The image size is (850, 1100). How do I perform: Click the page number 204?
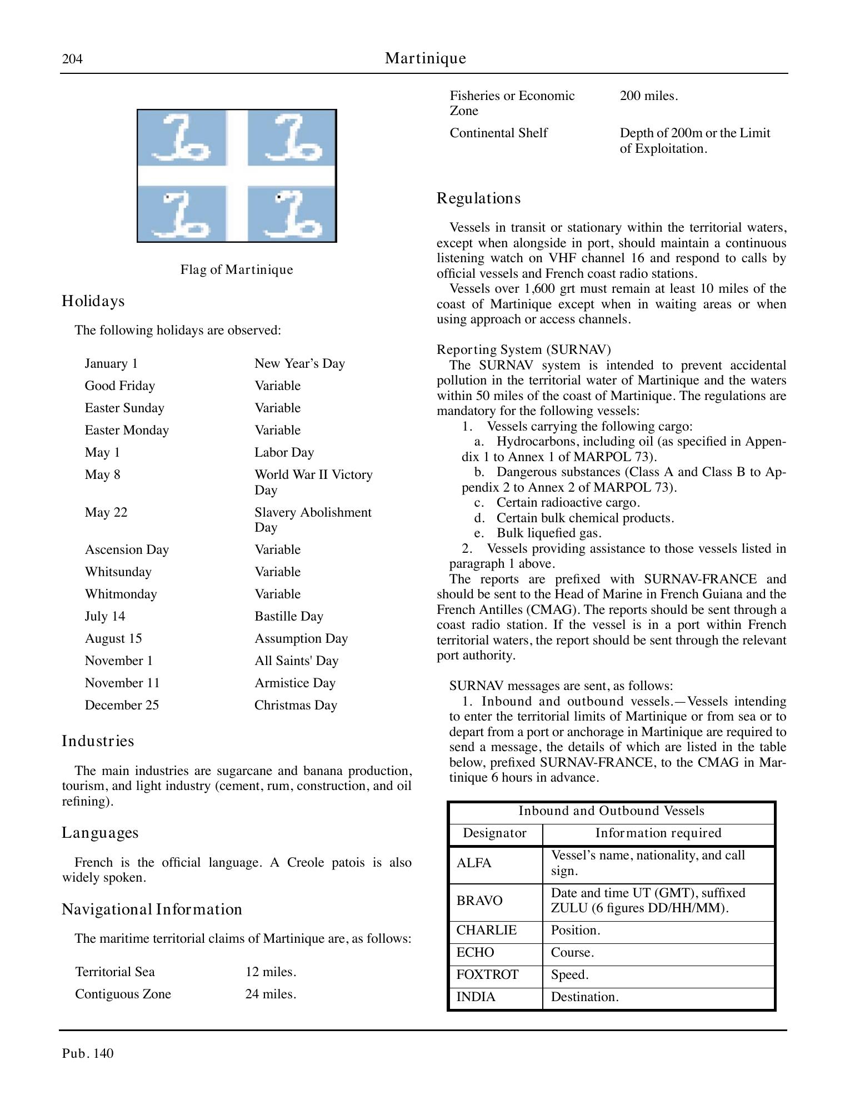[72, 59]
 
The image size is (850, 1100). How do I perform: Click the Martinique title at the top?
[425, 58]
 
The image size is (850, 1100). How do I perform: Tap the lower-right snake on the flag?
[292, 214]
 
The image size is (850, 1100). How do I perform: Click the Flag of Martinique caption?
[237, 270]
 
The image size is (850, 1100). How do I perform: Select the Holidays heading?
[93, 301]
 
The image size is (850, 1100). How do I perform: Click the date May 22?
[106, 512]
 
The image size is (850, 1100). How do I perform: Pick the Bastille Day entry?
[289, 616]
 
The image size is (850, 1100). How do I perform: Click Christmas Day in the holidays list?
[296, 705]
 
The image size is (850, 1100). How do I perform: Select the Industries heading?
[98, 741]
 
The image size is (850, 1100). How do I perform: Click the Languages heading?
[100, 833]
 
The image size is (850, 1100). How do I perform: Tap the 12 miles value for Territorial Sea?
[271, 972]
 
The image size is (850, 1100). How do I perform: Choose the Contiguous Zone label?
[123, 994]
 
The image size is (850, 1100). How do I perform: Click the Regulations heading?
[478, 198]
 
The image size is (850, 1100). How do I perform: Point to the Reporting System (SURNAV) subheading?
[523, 349]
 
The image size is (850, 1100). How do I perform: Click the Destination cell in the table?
[584, 997]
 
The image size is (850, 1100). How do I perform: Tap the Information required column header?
[658, 833]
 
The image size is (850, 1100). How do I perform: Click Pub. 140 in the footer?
[88, 1053]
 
